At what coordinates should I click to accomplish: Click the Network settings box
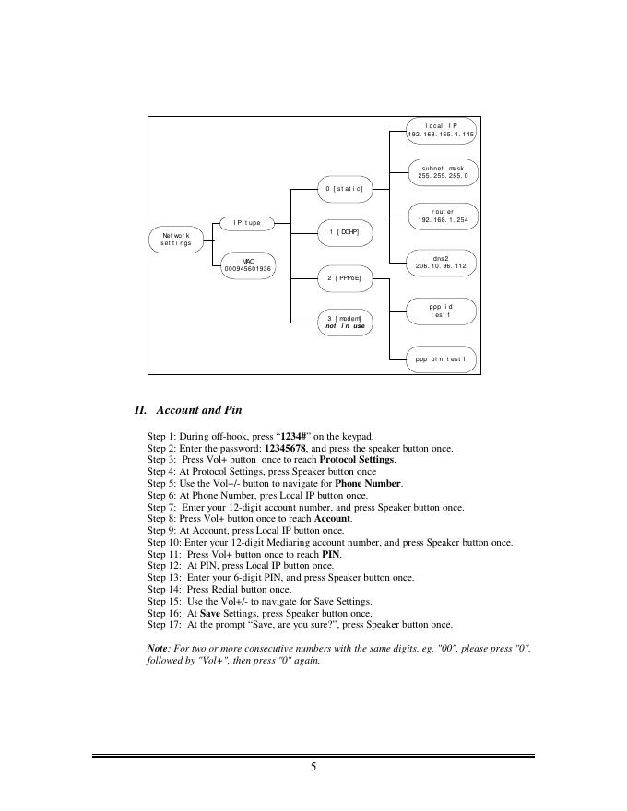pos(175,240)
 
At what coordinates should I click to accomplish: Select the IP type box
pos(246,223)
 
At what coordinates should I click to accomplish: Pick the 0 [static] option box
pos(344,189)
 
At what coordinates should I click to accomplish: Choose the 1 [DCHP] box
pos(344,232)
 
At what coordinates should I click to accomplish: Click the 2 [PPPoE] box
pos(344,276)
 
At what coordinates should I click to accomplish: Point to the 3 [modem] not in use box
pos(345,322)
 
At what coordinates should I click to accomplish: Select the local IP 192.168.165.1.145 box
pos(442,130)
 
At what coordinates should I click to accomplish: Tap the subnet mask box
pos(443,171)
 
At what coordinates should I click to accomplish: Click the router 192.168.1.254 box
pos(443,216)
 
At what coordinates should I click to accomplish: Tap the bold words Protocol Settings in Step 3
pos(357,460)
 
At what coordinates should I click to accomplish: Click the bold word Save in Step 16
pos(209,613)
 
